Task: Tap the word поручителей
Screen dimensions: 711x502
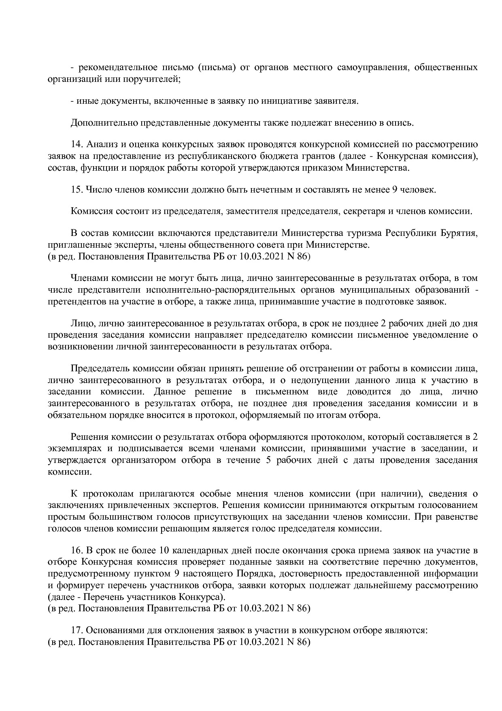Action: [154, 79]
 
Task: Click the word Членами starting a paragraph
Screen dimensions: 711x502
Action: [89, 278]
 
